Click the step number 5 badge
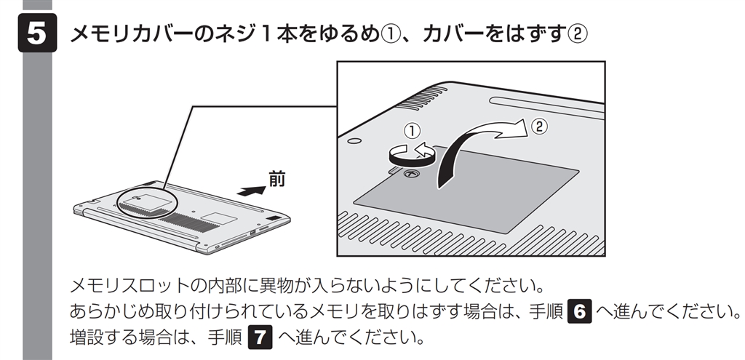click(x=38, y=33)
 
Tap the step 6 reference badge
click(x=580, y=312)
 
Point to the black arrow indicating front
click(x=251, y=191)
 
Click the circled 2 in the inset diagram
click(x=539, y=126)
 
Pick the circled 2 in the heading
click(x=578, y=33)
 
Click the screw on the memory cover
click(x=410, y=175)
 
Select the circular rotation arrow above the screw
click(x=412, y=155)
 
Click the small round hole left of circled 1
click(x=354, y=140)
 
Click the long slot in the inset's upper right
click(x=547, y=105)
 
